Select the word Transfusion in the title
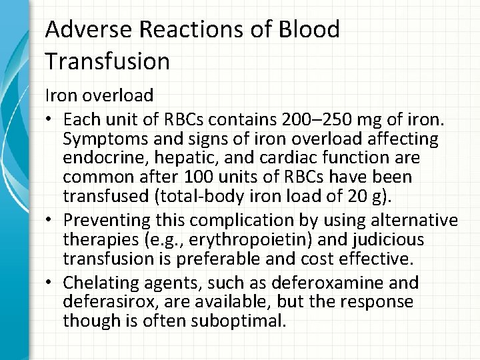click(107, 61)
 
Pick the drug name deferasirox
click(107, 302)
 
